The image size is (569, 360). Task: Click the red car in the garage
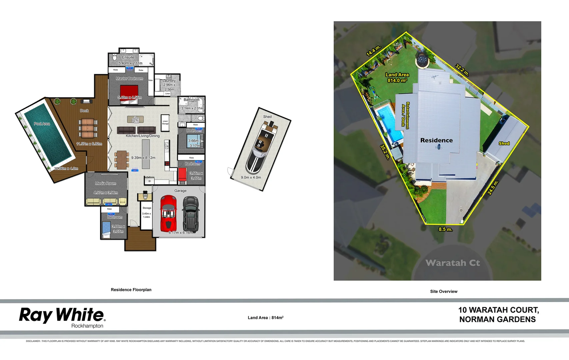pyautogui.click(x=169, y=214)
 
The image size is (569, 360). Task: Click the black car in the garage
pyautogui.click(x=191, y=214)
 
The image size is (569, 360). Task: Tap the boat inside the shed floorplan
pyautogui.click(x=262, y=147)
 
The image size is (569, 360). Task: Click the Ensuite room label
pyautogui.click(x=128, y=57)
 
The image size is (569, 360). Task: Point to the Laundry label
pyautogui.click(x=169, y=81)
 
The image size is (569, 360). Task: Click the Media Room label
pyautogui.click(x=106, y=183)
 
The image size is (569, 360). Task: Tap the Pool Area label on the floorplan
pyautogui.click(x=42, y=124)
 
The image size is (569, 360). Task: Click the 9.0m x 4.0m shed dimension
pyautogui.click(x=251, y=177)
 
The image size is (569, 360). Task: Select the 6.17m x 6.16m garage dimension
pyautogui.click(x=181, y=233)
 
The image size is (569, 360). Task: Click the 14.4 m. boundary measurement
pyautogui.click(x=373, y=51)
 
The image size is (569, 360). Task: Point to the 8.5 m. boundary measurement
pyautogui.click(x=445, y=229)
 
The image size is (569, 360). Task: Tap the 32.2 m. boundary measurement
pyautogui.click(x=462, y=70)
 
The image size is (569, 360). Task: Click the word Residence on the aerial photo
pyautogui.click(x=436, y=140)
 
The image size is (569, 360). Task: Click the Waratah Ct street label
pyautogui.click(x=453, y=263)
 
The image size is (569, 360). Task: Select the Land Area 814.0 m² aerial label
pyautogui.click(x=397, y=78)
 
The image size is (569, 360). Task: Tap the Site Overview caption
pyautogui.click(x=444, y=291)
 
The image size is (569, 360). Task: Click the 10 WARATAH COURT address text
pyautogui.click(x=498, y=310)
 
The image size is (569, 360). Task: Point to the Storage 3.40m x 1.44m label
pyautogui.click(x=147, y=212)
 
